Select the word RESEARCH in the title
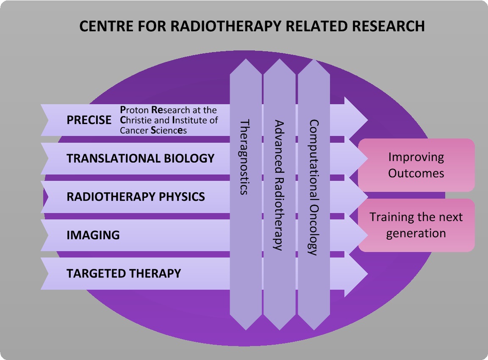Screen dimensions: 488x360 [x=388, y=26]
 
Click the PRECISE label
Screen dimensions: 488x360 [x=89, y=120]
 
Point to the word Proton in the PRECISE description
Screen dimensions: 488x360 [x=134, y=110]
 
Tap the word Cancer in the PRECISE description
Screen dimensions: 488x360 [x=134, y=130]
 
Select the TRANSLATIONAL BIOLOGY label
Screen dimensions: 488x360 [x=140, y=158]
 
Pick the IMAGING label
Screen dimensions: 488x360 [x=93, y=235]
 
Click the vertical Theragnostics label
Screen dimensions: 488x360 [x=245, y=157]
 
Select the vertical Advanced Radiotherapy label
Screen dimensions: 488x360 [x=279, y=186]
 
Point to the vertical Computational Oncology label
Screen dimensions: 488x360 [x=314, y=188]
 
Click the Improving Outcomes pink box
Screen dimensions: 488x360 [x=416, y=165]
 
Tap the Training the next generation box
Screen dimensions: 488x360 [x=416, y=225]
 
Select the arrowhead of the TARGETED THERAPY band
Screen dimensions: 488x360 [x=356, y=274]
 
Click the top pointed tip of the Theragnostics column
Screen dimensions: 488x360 [x=246, y=59]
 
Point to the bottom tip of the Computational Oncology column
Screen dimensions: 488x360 [x=314, y=330]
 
